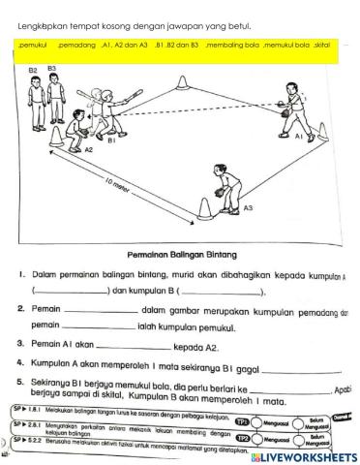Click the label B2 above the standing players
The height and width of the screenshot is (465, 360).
pos(33,71)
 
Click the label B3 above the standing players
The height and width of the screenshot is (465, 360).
pos(51,69)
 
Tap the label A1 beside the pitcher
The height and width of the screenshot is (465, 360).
pos(299,138)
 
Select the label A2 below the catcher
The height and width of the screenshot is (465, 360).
pos(88,150)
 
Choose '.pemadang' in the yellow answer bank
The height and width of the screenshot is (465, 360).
pos(77,45)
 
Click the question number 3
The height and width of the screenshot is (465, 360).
pos(20,342)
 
